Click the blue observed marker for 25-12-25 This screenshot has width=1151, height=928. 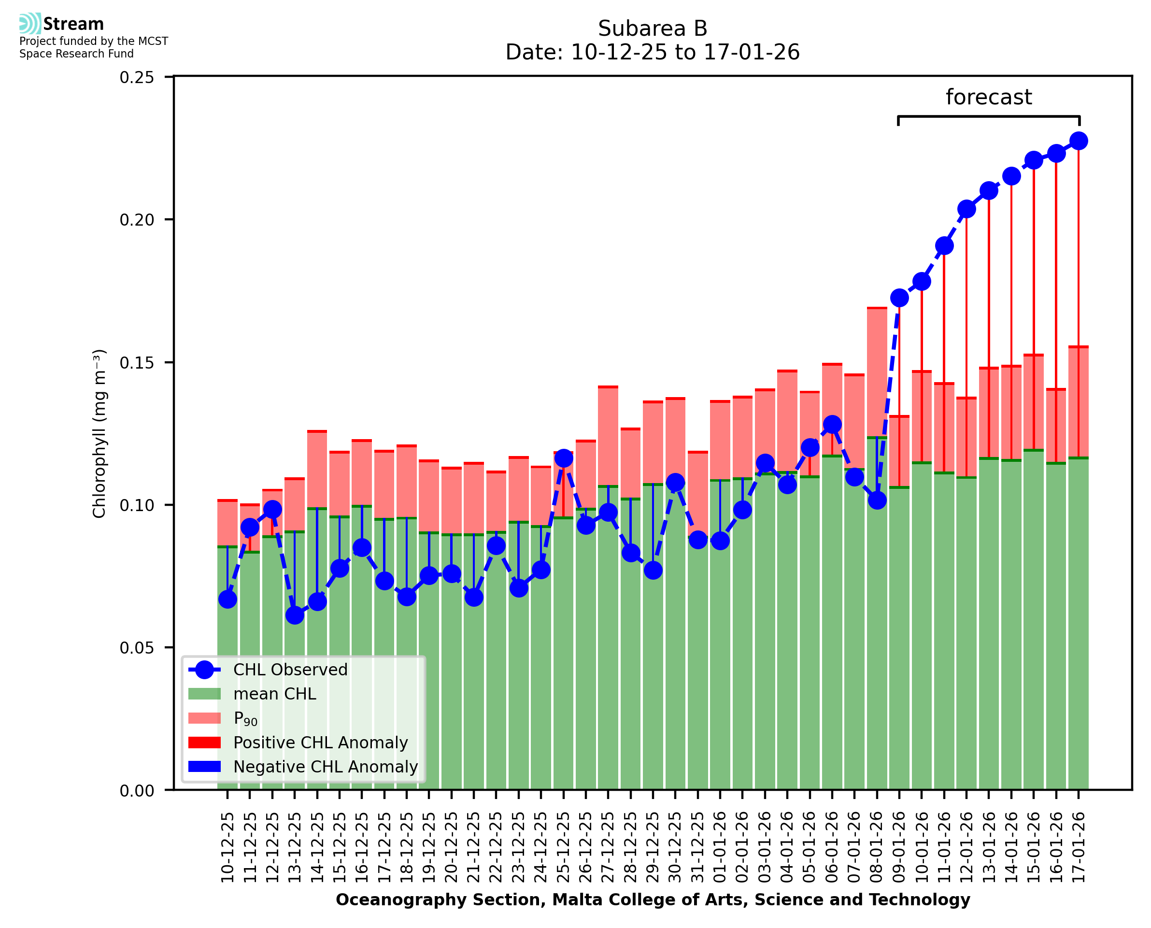click(x=563, y=458)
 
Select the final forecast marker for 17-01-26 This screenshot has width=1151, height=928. click(x=1079, y=141)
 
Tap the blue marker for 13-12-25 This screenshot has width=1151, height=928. click(x=295, y=615)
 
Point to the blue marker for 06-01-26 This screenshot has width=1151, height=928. click(x=832, y=425)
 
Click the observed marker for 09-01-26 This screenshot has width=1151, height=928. click(x=899, y=298)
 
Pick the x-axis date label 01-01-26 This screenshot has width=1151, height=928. click(x=720, y=847)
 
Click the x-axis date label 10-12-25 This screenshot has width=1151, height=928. click(x=227, y=847)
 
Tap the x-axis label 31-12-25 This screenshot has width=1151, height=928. click(x=698, y=847)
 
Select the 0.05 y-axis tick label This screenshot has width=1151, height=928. click(x=137, y=648)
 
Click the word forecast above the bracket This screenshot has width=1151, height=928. click(x=989, y=97)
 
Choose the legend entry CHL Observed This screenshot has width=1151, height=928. click(x=290, y=670)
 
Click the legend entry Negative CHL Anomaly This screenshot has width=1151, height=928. click(x=325, y=767)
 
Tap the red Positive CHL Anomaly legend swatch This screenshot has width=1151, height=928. click(x=204, y=742)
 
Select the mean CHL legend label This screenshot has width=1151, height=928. click(x=275, y=694)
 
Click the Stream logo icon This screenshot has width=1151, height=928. click(x=30, y=24)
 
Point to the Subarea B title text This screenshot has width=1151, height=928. click(x=653, y=29)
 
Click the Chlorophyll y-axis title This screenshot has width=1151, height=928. click(x=99, y=433)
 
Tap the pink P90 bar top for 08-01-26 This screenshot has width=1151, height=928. click(x=877, y=308)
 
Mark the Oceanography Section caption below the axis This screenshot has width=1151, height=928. click(x=653, y=899)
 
